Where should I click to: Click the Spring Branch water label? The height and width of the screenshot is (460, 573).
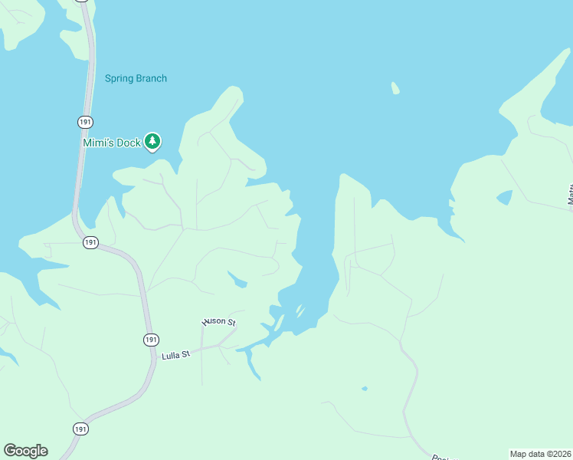136,78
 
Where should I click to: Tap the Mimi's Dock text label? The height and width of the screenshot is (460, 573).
112,143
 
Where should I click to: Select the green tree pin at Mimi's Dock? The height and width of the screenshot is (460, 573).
153,140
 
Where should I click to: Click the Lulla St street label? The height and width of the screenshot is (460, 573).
175,355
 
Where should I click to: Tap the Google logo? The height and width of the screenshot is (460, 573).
25,451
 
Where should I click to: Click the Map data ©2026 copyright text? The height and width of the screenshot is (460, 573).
540,453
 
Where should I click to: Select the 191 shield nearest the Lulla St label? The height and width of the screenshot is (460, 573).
151,339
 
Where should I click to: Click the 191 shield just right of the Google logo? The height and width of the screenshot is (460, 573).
81,429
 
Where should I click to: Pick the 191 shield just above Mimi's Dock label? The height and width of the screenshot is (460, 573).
85,122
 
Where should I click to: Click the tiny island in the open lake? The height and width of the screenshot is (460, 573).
395,88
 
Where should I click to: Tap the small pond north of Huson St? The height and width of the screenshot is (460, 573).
237,280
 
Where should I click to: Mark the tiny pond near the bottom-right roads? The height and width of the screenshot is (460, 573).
365,388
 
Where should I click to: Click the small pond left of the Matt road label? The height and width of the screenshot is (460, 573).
504,197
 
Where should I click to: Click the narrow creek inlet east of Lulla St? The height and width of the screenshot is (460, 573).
253,365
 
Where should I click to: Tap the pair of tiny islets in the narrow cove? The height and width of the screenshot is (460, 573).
300,312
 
